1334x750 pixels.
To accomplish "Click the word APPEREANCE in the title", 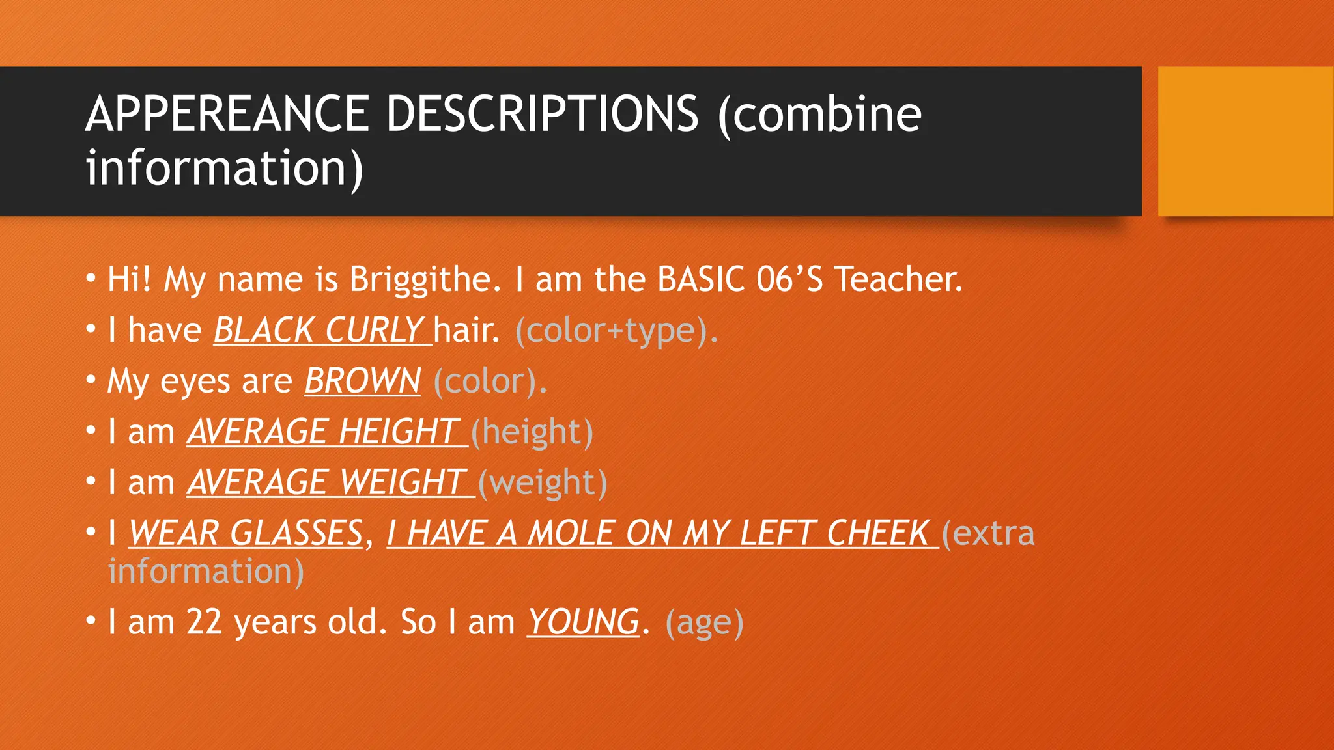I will point(227,115).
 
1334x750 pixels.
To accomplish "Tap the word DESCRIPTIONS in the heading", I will point(542,115).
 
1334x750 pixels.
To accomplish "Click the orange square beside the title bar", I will point(1245,141).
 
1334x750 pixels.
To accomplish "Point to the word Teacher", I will point(898,279).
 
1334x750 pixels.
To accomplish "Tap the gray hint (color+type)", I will point(616,331).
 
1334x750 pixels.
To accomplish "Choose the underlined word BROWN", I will point(362,381).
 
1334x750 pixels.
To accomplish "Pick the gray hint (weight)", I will point(543,483).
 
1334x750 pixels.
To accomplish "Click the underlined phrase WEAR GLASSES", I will point(246,533).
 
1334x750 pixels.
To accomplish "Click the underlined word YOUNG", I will point(583,622).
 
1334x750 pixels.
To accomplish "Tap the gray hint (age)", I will point(704,622).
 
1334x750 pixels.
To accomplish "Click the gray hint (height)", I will point(532,432).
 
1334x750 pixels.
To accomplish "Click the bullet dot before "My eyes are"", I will point(91,379).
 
